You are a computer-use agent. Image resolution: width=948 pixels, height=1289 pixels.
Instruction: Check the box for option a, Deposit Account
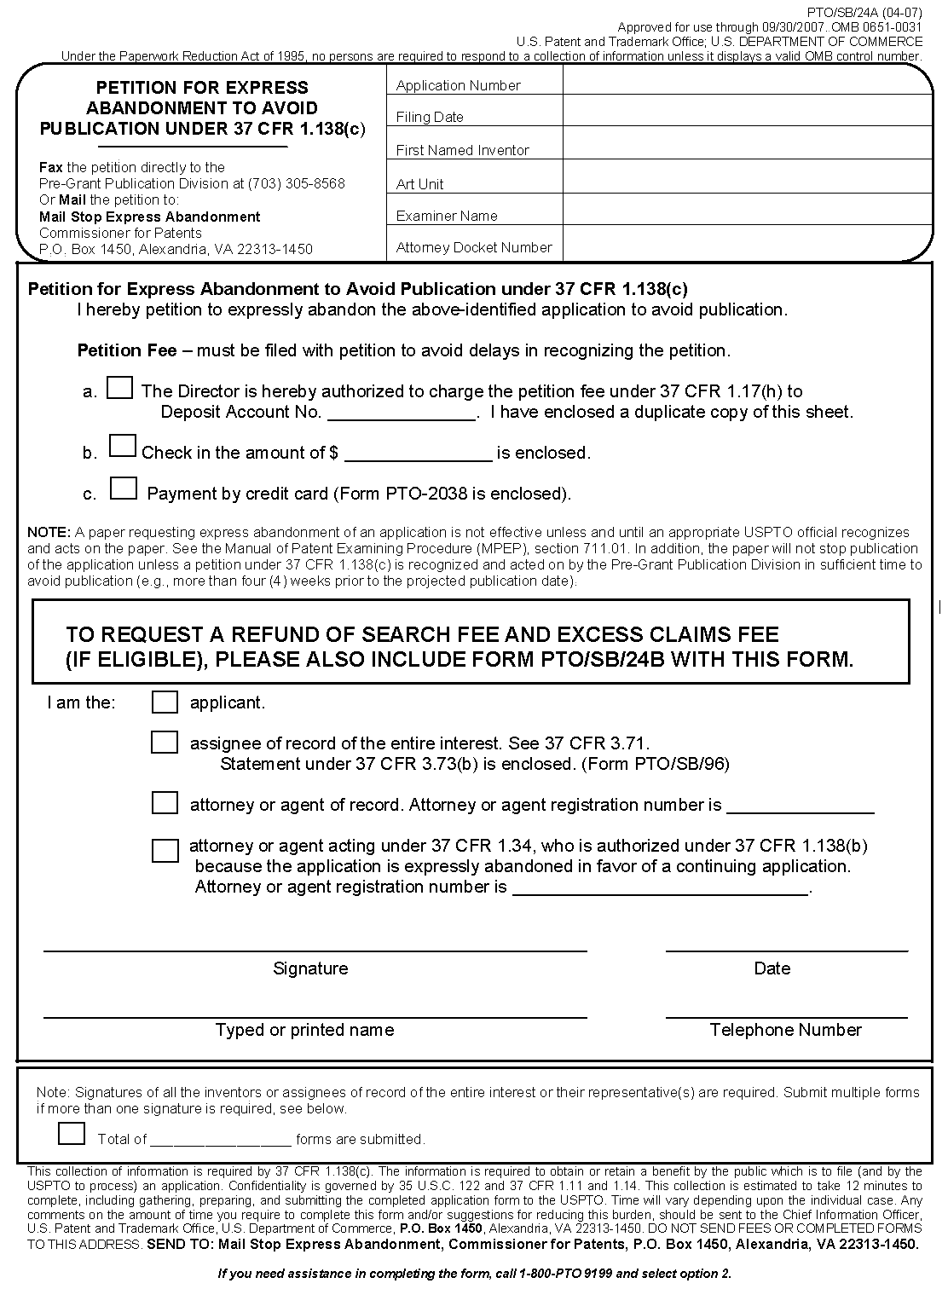click(119, 389)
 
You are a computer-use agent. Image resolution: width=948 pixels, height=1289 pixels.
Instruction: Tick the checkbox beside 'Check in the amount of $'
click(123, 446)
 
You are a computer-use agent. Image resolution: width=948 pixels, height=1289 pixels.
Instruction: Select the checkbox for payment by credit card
click(124, 488)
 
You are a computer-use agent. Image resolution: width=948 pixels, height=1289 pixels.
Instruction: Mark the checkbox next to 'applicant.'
click(165, 702)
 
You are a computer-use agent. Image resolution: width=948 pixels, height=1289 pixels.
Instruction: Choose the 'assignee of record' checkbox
click(165, 743)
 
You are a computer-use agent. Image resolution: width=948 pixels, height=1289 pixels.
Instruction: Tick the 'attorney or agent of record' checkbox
click(165, 803)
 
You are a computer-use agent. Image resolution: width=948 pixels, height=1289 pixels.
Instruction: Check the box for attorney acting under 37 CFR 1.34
click(165, 850)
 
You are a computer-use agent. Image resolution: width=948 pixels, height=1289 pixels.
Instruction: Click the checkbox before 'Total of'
click(72, 1134)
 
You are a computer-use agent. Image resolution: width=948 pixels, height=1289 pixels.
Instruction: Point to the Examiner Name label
click(447, 216)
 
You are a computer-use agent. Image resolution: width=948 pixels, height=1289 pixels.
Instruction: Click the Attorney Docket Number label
click(474, 247)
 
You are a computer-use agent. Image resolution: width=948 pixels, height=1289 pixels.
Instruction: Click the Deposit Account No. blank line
click(402, 413)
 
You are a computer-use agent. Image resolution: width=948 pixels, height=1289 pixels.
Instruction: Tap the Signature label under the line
click(310, 968)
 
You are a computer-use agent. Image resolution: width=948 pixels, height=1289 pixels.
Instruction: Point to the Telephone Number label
click(785, 1030)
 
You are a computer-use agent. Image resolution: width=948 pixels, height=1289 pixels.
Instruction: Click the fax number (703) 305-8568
click(296, 183)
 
